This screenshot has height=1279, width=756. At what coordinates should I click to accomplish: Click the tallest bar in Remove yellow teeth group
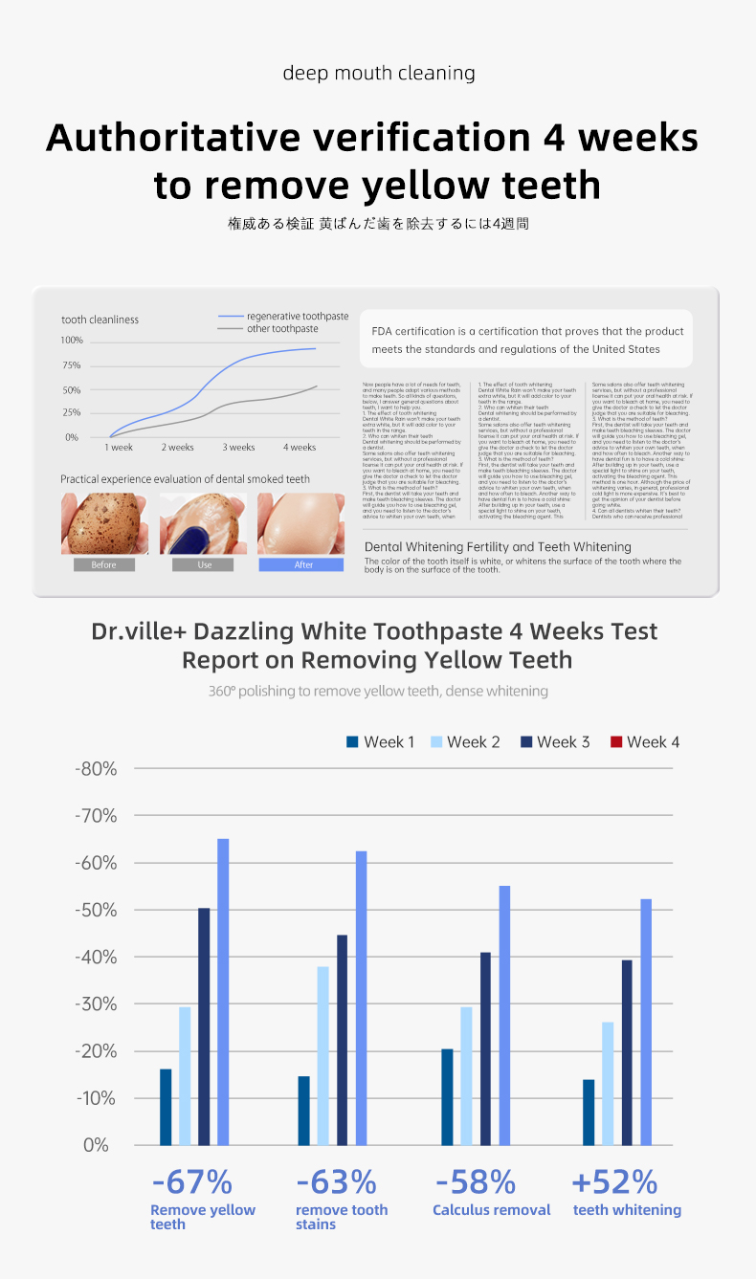(x=223, y=991)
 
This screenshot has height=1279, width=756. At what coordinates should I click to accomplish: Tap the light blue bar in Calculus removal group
(x=466, y=1075)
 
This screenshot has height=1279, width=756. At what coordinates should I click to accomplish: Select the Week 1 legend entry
(x=380, y=742)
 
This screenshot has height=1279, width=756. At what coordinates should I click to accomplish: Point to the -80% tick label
(x=96, y=769)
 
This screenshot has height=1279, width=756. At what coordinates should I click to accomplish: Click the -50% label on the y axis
(x=96, y=910)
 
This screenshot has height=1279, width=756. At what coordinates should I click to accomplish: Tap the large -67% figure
(x=191, y=1181)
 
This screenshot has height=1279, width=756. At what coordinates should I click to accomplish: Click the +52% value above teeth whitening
(x=614, y=1181)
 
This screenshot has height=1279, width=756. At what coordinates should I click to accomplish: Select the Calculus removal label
(x=492, y=1210)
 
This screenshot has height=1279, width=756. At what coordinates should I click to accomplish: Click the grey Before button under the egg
(x=104, y=564)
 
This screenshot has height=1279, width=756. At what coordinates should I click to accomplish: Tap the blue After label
(x=301, y=564)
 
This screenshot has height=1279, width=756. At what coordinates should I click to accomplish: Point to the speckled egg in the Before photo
(x=103, y=523)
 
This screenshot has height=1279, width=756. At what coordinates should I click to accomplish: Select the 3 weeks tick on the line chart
(x=239, y=448)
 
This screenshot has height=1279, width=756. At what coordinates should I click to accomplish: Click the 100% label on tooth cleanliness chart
(x=72, y=341)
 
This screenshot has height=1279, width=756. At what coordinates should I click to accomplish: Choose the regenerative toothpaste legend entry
(x=297, y=316)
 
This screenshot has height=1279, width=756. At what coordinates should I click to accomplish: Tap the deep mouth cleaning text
(x=378, y=73)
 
